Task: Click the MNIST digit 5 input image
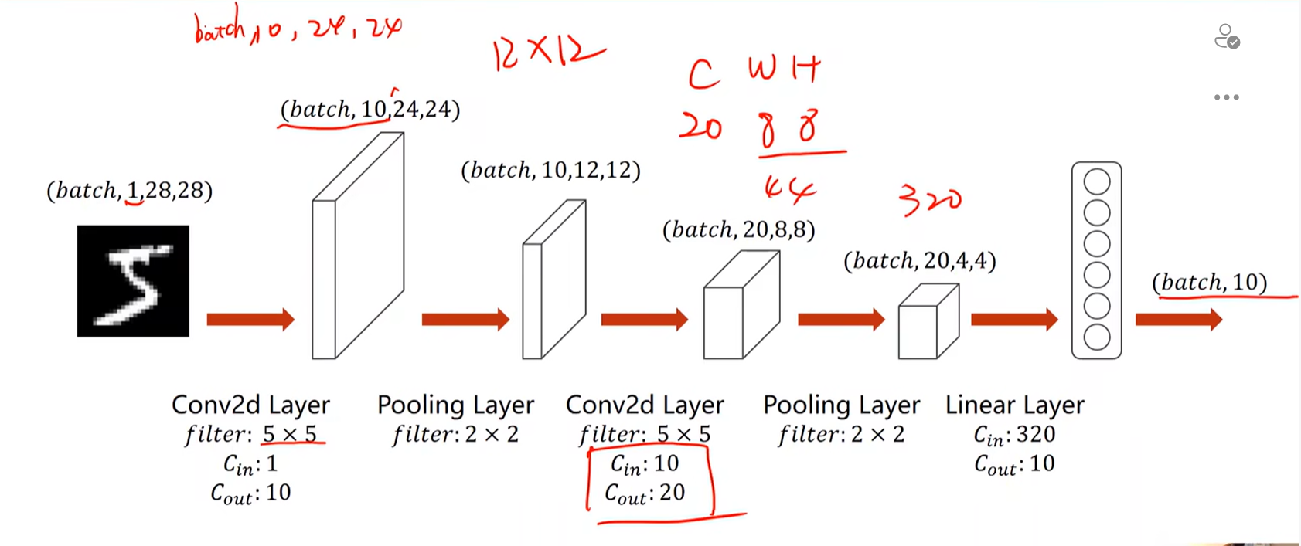[x=133, y=281]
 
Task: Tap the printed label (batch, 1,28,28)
[x=130, y=190]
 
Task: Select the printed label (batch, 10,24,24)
[x=370, y=110]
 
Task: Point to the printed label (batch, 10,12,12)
[x=550, y=170]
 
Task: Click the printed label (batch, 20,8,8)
[x=738, y=229]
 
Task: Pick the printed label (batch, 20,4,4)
[x=919, y=261]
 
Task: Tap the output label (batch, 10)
[x=1209, y=283]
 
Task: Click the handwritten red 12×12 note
[x=547, y=53]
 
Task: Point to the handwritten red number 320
[x=930, y=200]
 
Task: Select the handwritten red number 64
[x=789, y=188]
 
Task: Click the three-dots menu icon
[x=1226, y=97]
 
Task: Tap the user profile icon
[x=1226, y=36]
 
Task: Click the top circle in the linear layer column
[x=1096, y=182]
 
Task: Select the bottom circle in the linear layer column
[x=1096, y=337]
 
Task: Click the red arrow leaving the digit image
[x=250, y=319]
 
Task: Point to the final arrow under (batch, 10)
[x=1178, y=319]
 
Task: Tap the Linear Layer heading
[x=1014, y=405]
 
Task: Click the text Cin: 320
[x=1014, y=435]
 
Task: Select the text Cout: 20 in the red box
[x=645, y=493]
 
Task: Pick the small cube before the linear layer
[x=928, y=322]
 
